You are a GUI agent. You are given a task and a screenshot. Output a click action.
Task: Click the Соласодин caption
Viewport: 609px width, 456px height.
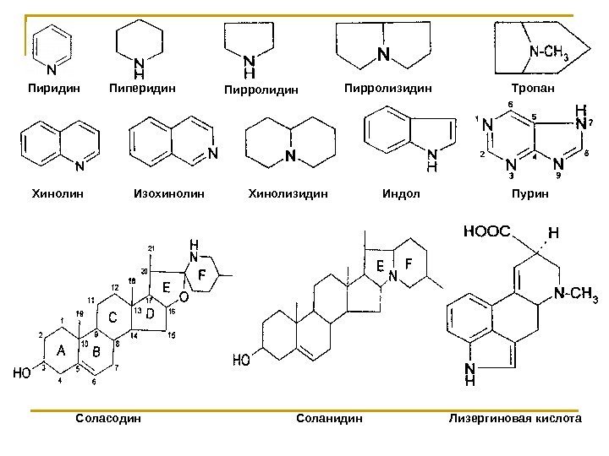tap(107, 417)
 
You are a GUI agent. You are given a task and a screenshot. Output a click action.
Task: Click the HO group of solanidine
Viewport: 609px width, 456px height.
tap(243, 359)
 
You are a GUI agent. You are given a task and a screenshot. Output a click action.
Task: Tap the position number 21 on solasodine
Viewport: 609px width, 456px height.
tap(151, 247)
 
